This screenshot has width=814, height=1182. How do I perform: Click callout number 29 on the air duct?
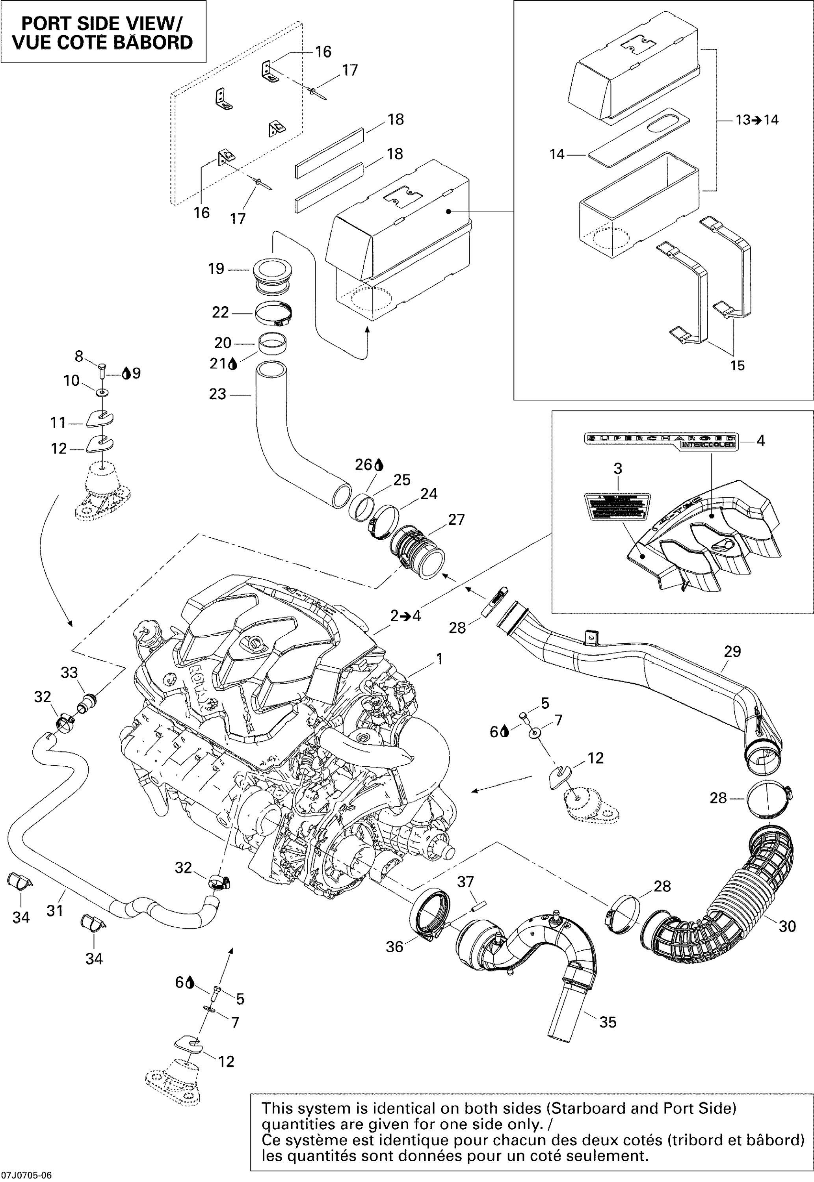pyautogui.click(x=732, y=651)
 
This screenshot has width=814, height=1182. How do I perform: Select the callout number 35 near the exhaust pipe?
pyautogui.click(x=608, y=1022)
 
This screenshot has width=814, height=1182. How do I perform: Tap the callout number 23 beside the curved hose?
pyautogui.click(x=218, y=394)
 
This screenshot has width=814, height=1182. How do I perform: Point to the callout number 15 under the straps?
pyautogui.click(x=738, y=365)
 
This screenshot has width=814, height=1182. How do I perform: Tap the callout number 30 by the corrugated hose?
pyautogui.click(x=788, y=927)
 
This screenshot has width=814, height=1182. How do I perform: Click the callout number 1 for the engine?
pyautogui.click(x=439, y=659)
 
